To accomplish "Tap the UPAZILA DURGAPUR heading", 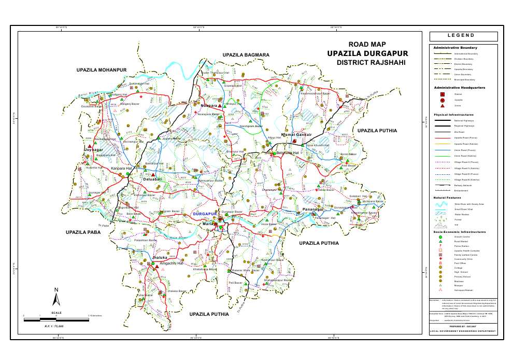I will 367,53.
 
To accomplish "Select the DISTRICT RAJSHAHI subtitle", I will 370,62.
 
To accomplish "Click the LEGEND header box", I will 463,36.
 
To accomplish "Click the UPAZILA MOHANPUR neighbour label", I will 102,69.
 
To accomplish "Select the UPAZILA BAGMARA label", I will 246,54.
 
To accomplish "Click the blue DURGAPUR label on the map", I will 204,214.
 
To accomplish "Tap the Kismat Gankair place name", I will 296,135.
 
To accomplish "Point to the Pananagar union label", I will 313,210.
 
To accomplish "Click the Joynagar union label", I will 94,149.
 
